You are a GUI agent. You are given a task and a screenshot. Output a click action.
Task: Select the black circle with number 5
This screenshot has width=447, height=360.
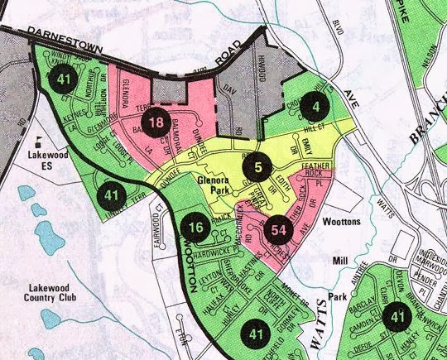[x=258, y=167]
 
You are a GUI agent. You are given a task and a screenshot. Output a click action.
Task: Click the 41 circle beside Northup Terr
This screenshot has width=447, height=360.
[x=63, y=79]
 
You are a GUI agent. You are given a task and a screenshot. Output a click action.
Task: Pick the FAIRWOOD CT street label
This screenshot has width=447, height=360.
[x=160, y=226]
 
